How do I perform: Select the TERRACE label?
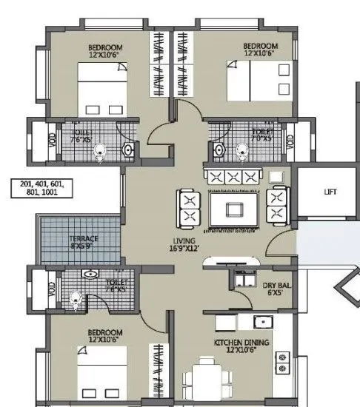click(84, 242)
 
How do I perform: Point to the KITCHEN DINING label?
click(241, 345)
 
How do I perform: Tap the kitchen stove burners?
click(283, 362)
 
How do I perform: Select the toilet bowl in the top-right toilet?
click(241, 151)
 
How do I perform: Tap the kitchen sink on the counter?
click(260, 322)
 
